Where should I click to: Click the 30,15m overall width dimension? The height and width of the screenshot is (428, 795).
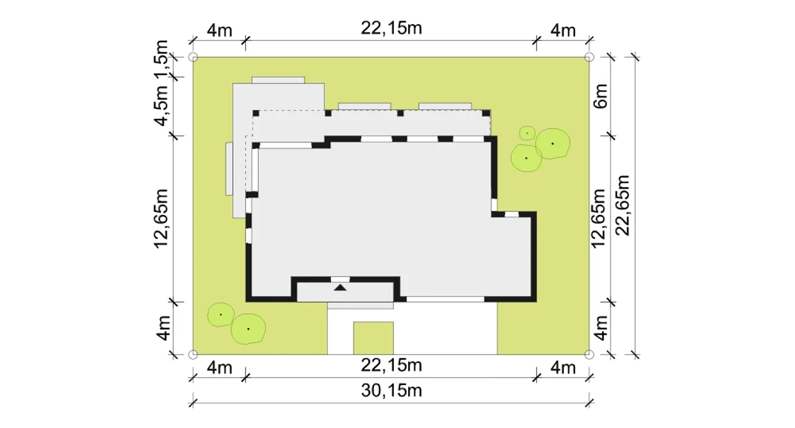tap(391, 391)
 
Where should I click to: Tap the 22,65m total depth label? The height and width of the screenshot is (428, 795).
tap(622, 206)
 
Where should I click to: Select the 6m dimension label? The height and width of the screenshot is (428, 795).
tap(601, 96)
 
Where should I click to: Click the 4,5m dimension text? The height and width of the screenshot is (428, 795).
tap(161, 106)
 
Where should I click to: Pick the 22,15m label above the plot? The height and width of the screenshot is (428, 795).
tap(391, 28)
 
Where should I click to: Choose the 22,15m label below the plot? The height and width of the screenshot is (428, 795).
tap(391, 365)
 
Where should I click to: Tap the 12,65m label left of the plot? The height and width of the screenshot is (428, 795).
tap(161, 219)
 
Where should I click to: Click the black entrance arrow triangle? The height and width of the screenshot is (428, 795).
tap(340, 288)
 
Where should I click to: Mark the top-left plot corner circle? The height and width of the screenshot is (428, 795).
tap(193, 57)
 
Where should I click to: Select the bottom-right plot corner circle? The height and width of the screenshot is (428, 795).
tap(589, 354)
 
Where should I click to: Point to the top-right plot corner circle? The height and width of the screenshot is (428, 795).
tap(589, 57)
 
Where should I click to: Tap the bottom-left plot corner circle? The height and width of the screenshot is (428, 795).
tap(193, 354)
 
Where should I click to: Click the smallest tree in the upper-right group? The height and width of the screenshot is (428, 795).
tap(527, 133)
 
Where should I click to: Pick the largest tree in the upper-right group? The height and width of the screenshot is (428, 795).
tap(553, 143)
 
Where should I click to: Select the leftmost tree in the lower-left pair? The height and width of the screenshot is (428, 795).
tap(220, 315)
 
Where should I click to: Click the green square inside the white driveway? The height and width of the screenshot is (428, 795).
tap(373, 338)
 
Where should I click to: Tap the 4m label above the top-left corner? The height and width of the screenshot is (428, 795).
tap(220, 30)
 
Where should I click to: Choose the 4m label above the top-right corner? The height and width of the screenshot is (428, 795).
tap(563, 30)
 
